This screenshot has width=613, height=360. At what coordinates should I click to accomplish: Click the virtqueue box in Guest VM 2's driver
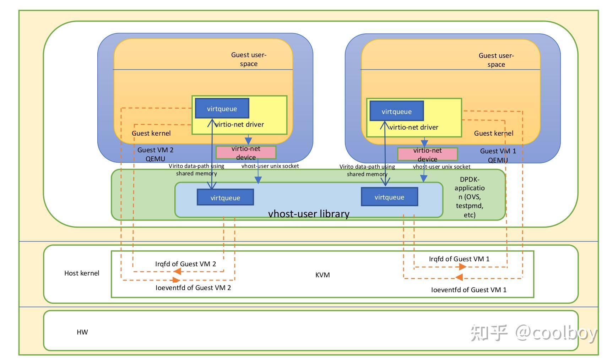(x=222, y=109)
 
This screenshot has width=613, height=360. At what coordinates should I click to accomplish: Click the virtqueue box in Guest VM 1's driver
(x=397, y=111)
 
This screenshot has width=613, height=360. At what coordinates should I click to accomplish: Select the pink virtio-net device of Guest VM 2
(x=246, y=153)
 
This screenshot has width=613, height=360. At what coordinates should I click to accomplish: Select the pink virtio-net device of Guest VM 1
(x=427, y=154)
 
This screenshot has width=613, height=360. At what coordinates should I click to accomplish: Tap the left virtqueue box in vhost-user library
(x=225, y=197)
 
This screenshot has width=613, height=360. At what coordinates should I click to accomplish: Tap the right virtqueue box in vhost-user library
(x=389, y=197)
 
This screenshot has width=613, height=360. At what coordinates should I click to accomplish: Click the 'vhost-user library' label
(x=309, y=213)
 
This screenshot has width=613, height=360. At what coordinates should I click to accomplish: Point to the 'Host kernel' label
(x=82, y=273)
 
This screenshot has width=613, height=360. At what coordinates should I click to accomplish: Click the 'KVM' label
(x=322, y=275)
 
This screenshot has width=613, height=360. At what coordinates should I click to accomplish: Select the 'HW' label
(x=82, y=332)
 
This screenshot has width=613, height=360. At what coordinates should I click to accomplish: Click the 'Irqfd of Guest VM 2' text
(x=185, y=264)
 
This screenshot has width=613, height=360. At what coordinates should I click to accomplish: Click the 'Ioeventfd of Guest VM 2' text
(x=193, y=288)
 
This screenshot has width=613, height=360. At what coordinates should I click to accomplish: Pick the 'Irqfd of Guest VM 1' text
(x=459, y=259)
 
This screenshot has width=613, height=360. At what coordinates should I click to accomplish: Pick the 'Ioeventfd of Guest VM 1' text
(x=469, y=290)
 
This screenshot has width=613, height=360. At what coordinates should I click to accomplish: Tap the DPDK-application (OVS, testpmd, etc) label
(x=470, y=197)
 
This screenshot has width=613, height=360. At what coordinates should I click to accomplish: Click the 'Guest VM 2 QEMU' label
(x=156, y=154)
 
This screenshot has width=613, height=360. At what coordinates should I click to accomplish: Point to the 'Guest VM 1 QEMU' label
(x=498, y=156)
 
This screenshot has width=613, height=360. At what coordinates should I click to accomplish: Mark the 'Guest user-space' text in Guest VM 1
(x=496, y=60)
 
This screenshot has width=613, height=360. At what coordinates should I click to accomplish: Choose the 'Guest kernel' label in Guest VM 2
(x=151, y=133)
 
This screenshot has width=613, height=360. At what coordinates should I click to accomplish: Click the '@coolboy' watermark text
(x=556, y=333)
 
